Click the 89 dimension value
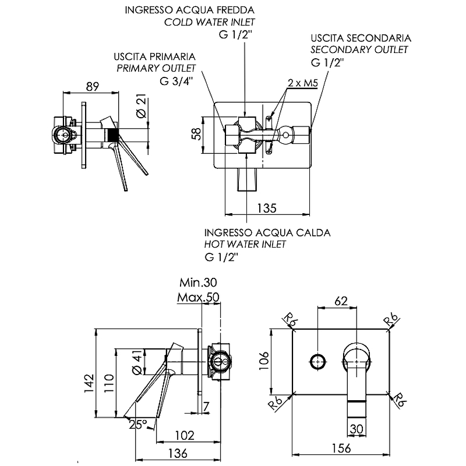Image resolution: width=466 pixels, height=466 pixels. [x=92, y=86]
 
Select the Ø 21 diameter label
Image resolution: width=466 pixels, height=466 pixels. [x=142, y=106]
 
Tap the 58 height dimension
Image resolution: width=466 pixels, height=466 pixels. [x=196, y=133]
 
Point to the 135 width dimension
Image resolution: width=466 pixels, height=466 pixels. [x=267, y=208]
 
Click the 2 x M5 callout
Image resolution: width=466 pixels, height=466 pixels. [x=302, y=83]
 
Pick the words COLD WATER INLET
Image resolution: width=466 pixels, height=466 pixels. [x=210, y=22]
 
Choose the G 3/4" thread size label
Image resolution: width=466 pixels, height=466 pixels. [x=176, y=81]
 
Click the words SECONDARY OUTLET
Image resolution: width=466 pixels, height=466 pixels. [x=359, y=50]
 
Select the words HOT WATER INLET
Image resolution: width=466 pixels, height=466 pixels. [x=245, y=244]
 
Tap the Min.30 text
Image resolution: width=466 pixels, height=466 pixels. [x=198, y=283]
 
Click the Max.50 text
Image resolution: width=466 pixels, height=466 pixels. [x=198, y=297]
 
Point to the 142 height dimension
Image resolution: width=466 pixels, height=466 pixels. [x=89, y=383]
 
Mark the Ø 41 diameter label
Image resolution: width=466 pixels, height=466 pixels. [x=137, y=361]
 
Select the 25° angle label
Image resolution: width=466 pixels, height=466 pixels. [x=138, y=425]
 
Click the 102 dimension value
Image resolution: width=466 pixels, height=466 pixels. [x=185, y=436]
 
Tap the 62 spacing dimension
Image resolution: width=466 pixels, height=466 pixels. [x=341, y=301]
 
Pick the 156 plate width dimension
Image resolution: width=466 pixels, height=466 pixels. [x=341, y=448]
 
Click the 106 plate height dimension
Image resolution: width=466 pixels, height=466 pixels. [x=264, y=361]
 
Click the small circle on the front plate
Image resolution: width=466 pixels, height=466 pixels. [x=317, y=362]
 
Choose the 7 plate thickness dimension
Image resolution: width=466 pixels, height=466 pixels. [x=206, y=406]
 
